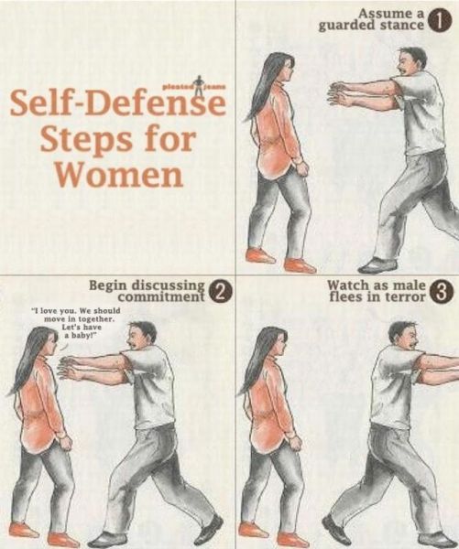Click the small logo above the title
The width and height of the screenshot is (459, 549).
[194, 84]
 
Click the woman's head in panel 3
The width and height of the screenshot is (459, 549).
[275, 342]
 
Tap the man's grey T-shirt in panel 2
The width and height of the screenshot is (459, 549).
[152, 385]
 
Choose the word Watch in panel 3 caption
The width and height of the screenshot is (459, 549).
[347, 285]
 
